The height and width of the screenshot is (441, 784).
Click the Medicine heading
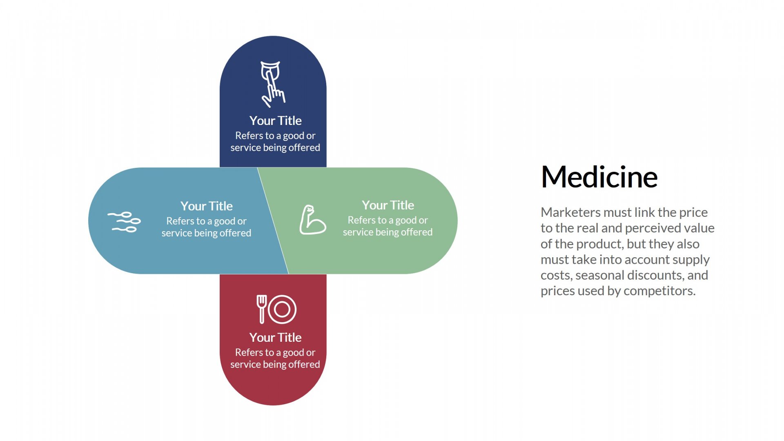pyautogui.click(x=599, y=177)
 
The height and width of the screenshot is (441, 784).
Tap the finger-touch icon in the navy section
pyautogui.click(x=273, y=84)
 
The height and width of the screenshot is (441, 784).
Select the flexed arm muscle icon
pyautogui.click(x=312, y=220)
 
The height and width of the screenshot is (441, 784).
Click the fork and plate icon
pyautogui.click(x=276, y=309)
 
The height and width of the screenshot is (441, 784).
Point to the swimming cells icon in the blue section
pyautogui.click(x=124, y=222)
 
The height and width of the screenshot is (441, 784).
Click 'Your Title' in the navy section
pyautogui.click(x=275, y=121)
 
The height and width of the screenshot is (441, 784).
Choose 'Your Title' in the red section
pyautogui.click(x=275, y=338)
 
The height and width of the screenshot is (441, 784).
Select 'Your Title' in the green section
pyautogui.click(x=388, y=205)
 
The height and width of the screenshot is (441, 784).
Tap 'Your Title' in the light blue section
pyautogui.click(x=207, y=206)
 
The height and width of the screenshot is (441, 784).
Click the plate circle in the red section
pyautogui.click(x=282, y=309)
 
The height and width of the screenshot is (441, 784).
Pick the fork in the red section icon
pyautogui.click(x=262, y=309)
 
